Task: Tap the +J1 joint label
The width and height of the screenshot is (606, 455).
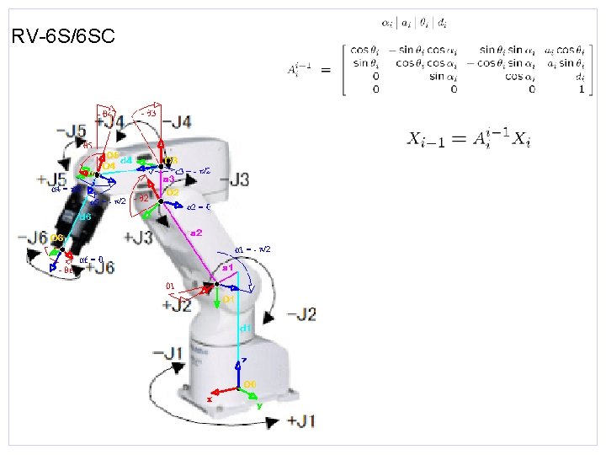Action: coord(301,420)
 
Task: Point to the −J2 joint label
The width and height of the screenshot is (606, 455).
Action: coord(301,314)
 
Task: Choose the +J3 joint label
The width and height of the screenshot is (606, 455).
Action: coord(139,238)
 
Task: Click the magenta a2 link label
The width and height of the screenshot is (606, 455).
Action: coord(196,232)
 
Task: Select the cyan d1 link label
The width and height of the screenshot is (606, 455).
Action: coord(245,326)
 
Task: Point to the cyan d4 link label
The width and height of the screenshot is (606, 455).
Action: coord(125,159)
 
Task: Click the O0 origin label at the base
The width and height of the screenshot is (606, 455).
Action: coord(250,384)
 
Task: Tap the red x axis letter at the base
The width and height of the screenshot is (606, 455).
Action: coord(209,399)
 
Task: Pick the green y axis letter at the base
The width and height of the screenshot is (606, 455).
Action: coord(259,405)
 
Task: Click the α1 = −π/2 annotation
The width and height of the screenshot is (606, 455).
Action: coord(252,249)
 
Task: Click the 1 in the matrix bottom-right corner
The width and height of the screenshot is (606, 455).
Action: coord(581,88)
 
